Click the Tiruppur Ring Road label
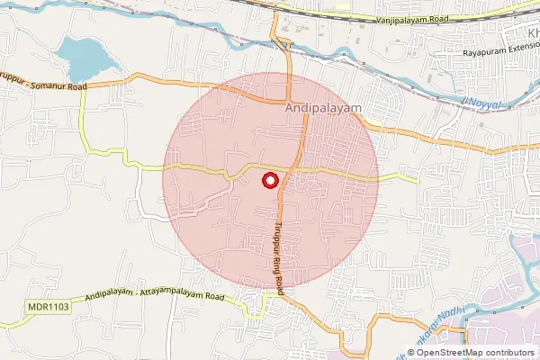[x=281, y=257]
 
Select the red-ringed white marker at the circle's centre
[x=269, y=180]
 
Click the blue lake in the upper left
[x=83, y=58]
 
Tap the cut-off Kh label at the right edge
[x=531, y=33]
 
